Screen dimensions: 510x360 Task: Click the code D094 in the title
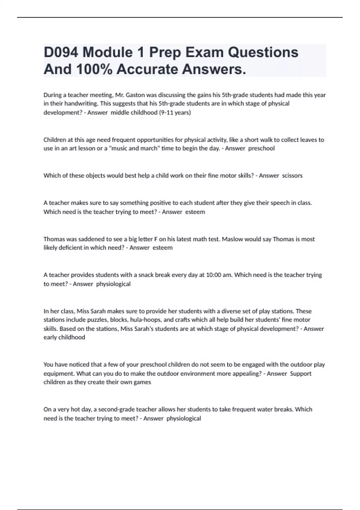point(61,52)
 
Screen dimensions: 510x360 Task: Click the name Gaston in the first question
point(135,95)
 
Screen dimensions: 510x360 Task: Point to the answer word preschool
point(261,148)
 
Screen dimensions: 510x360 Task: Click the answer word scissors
point(292,175)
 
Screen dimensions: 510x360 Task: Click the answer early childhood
point(64,337)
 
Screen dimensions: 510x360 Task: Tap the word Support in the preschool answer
point(301,373)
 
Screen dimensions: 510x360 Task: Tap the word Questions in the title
point(263,52)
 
